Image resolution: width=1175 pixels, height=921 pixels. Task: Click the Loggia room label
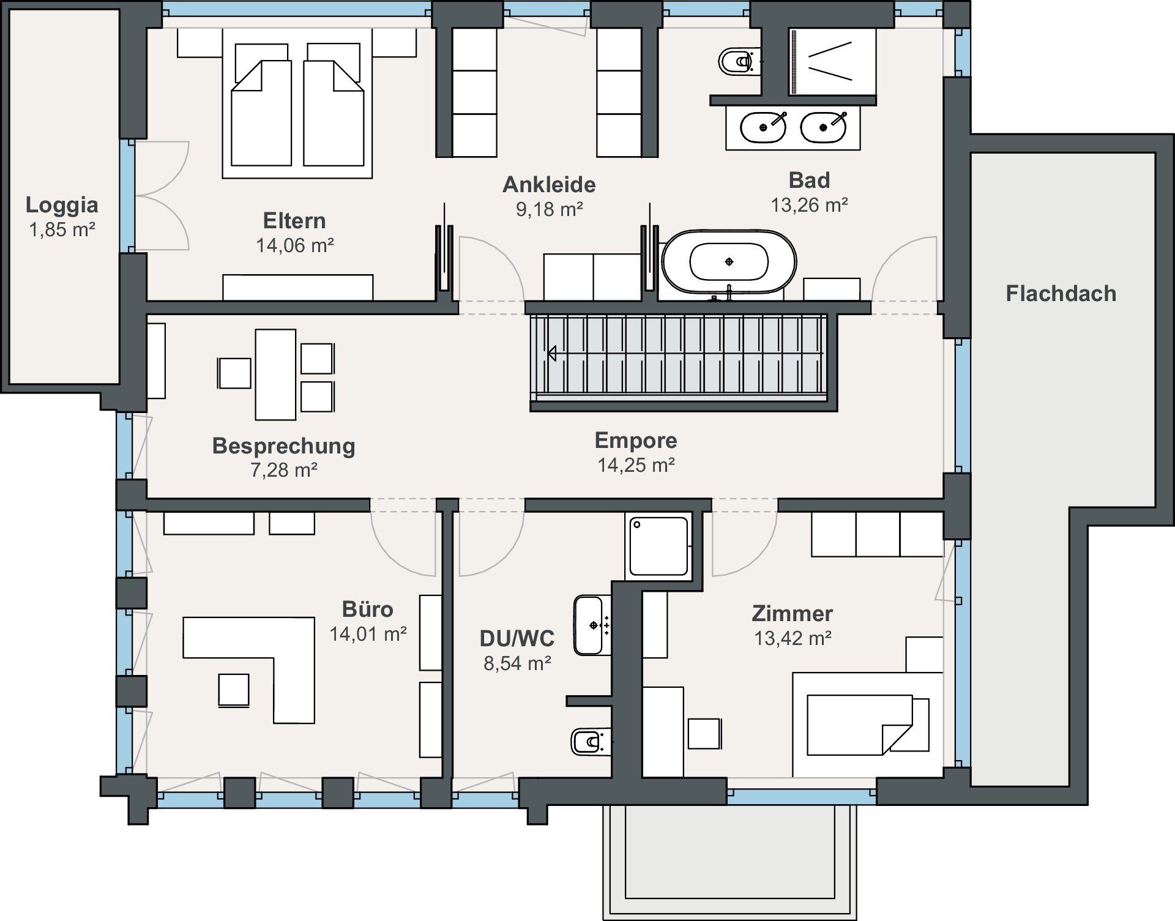click(x=62, y=205)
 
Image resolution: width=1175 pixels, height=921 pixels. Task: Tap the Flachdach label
click(x=1061, y=294)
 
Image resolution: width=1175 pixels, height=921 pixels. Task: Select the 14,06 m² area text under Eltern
click(x=295, y=245)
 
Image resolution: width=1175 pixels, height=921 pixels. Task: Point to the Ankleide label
click(x=550, y=185)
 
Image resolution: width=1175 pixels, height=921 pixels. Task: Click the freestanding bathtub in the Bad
click(x=729, y=262)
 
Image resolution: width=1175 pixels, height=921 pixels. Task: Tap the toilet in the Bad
click(x=739, y=62)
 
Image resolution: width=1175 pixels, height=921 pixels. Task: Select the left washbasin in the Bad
click(x=763, y=127)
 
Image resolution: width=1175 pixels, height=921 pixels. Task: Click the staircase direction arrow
click(x=551, y=354)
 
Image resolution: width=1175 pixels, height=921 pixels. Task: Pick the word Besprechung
click(x=284, y=446)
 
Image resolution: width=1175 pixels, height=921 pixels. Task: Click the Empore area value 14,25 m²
click(x=636, y=465)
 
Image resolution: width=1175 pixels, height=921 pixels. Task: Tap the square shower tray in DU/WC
click(x=659, y=546)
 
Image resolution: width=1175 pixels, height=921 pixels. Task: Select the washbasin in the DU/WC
click(x=590, y=625)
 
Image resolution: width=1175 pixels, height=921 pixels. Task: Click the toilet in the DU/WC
click(x=590, y=742)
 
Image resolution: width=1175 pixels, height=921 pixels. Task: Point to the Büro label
click(x=368, y=610)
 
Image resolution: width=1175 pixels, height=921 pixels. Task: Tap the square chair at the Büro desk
click(x=234, y=690)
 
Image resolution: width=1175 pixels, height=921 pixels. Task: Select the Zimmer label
click(x=793, y=614)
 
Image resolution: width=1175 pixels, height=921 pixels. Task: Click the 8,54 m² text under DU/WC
click(x=518, y=663)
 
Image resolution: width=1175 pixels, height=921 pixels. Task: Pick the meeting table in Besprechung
click(x=275, y=375)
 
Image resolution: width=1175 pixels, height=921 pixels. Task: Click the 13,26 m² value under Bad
click(x=809, y=205)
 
